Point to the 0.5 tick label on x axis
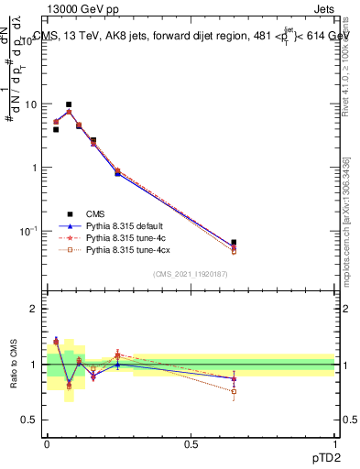pos(191,444)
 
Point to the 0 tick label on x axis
pos(47,444)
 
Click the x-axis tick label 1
pos(334,444)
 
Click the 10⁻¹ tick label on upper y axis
pos(28,230)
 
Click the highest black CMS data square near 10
pos(69,105)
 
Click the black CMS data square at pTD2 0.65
pos(234,243)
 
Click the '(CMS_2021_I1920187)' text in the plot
pos(190,274)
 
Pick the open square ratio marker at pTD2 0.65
pos(234,391)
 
